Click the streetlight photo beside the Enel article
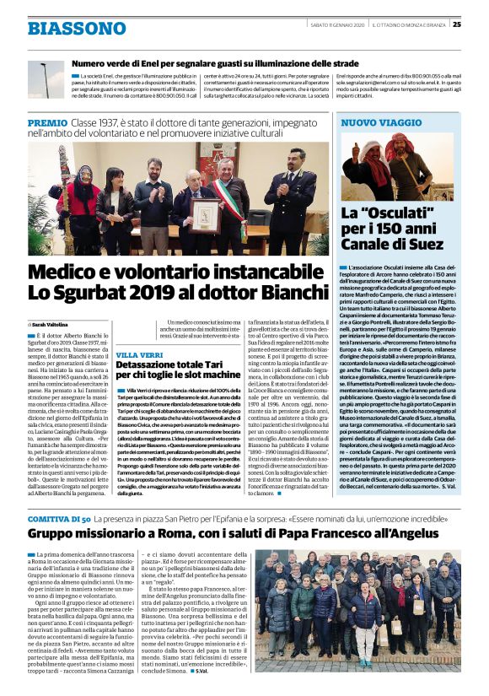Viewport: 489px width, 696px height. click(x=46, y=81)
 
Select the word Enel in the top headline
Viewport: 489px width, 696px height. click(x=144, y=63)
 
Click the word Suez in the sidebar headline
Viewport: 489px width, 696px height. click(x=424, y=245)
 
